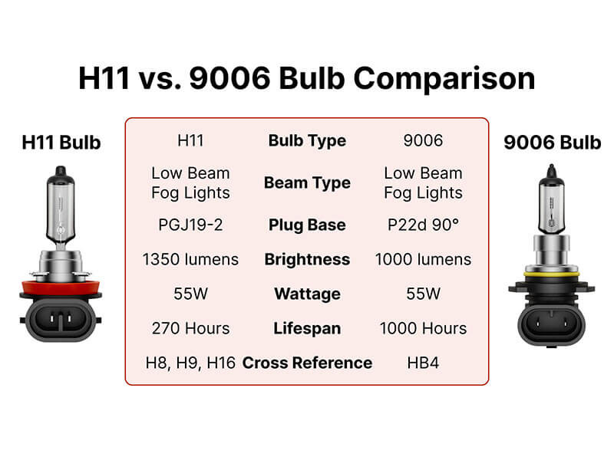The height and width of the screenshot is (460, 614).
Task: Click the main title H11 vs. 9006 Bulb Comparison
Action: pyautogui.click(x=307, y=80)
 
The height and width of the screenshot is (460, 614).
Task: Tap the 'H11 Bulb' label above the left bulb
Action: pyautogui.click(x=61, y=143)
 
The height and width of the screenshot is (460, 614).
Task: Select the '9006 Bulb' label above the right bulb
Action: pyautogui.click(x=553, y=143)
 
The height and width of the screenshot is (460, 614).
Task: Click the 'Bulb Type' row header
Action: pyautogui.click(x=307, y=141)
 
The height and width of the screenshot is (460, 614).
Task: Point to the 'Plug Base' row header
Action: pyautogui.click(x=307, y=225)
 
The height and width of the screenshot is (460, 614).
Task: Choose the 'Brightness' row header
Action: pyautogui.click(x=307, y=259)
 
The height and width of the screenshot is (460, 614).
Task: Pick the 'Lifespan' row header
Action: pyautogui.click(x=307, y=328)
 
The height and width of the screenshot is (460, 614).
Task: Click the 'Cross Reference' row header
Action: pyautogui.click(x=307, y=363)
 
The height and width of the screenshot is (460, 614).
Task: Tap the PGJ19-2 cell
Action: pyautogui.click(x=190, y=225)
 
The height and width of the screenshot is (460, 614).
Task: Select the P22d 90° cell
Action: pyautogui.click(x=423, y=225)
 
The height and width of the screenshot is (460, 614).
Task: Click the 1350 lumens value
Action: pyautogui.click(x=190, y=259)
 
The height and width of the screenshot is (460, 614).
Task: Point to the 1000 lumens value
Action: pyautogui.click(x=423, y=259)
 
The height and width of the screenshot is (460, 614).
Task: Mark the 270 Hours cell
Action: pyautogui.click(x=190, y=328)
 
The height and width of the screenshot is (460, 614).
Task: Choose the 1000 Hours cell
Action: pyautogui.click(x=423, y=328)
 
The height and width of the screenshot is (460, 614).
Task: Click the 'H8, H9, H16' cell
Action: pyautogui.click(x=190, y=363)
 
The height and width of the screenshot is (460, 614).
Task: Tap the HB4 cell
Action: pyautogui.click(x=423, y=363)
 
